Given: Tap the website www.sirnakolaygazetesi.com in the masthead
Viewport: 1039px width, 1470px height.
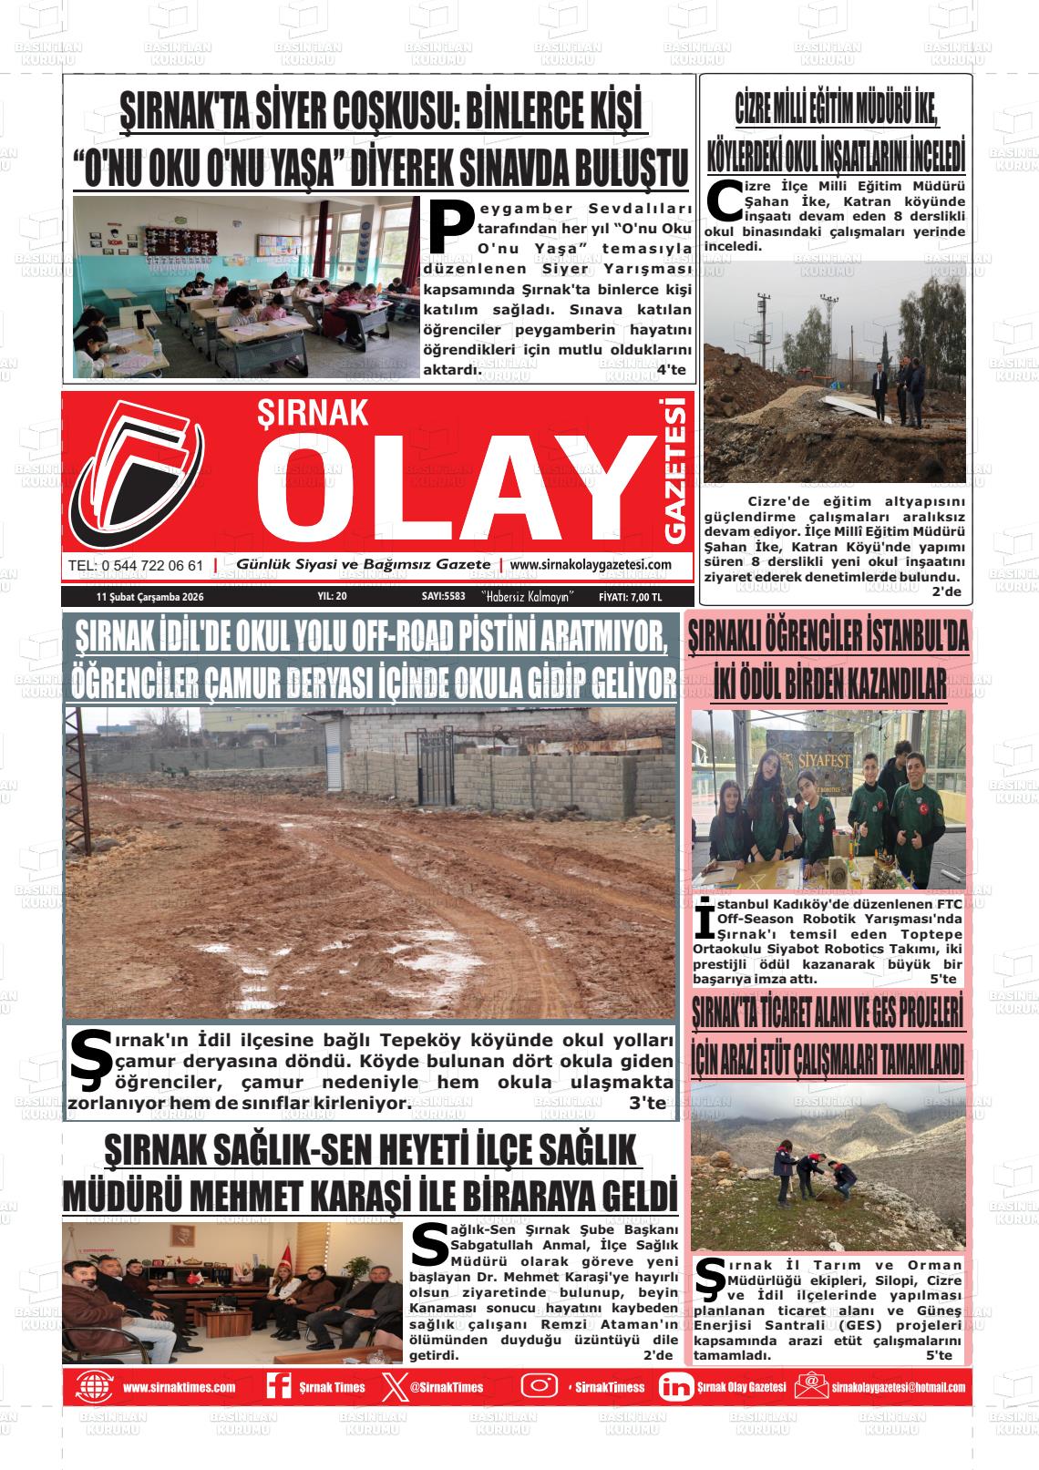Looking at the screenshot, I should coord(591,565).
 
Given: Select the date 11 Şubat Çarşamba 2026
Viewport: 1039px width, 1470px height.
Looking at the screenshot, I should coord(149,597).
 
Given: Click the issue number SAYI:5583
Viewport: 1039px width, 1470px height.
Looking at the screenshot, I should coord(443,597).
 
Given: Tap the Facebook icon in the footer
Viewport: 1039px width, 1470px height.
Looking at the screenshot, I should coord(278,1386).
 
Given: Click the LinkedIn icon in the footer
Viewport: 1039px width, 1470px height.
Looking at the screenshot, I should coord(675,1387).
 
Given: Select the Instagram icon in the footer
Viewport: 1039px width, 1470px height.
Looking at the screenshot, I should coord(539,1386).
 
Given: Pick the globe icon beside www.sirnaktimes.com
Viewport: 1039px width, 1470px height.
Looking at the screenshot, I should coord(93,1387).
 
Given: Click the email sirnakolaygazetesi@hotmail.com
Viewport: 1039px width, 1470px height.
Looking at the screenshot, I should coord(898,1387).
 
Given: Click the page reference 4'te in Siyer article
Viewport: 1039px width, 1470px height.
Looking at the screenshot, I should coord(671,370).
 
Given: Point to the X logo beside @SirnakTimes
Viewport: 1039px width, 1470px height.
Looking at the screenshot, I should coord(393,1387).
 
